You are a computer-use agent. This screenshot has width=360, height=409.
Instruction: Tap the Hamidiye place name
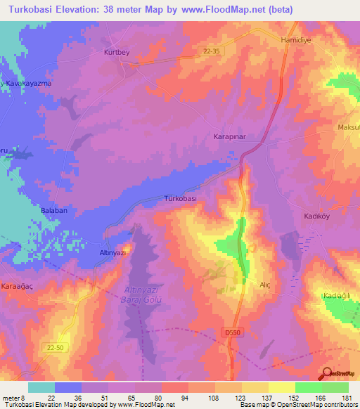pyautogui.click(x=295, y=40)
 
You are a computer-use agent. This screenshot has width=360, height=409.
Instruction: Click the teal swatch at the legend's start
pyautogui.click(x=41, y=387)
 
